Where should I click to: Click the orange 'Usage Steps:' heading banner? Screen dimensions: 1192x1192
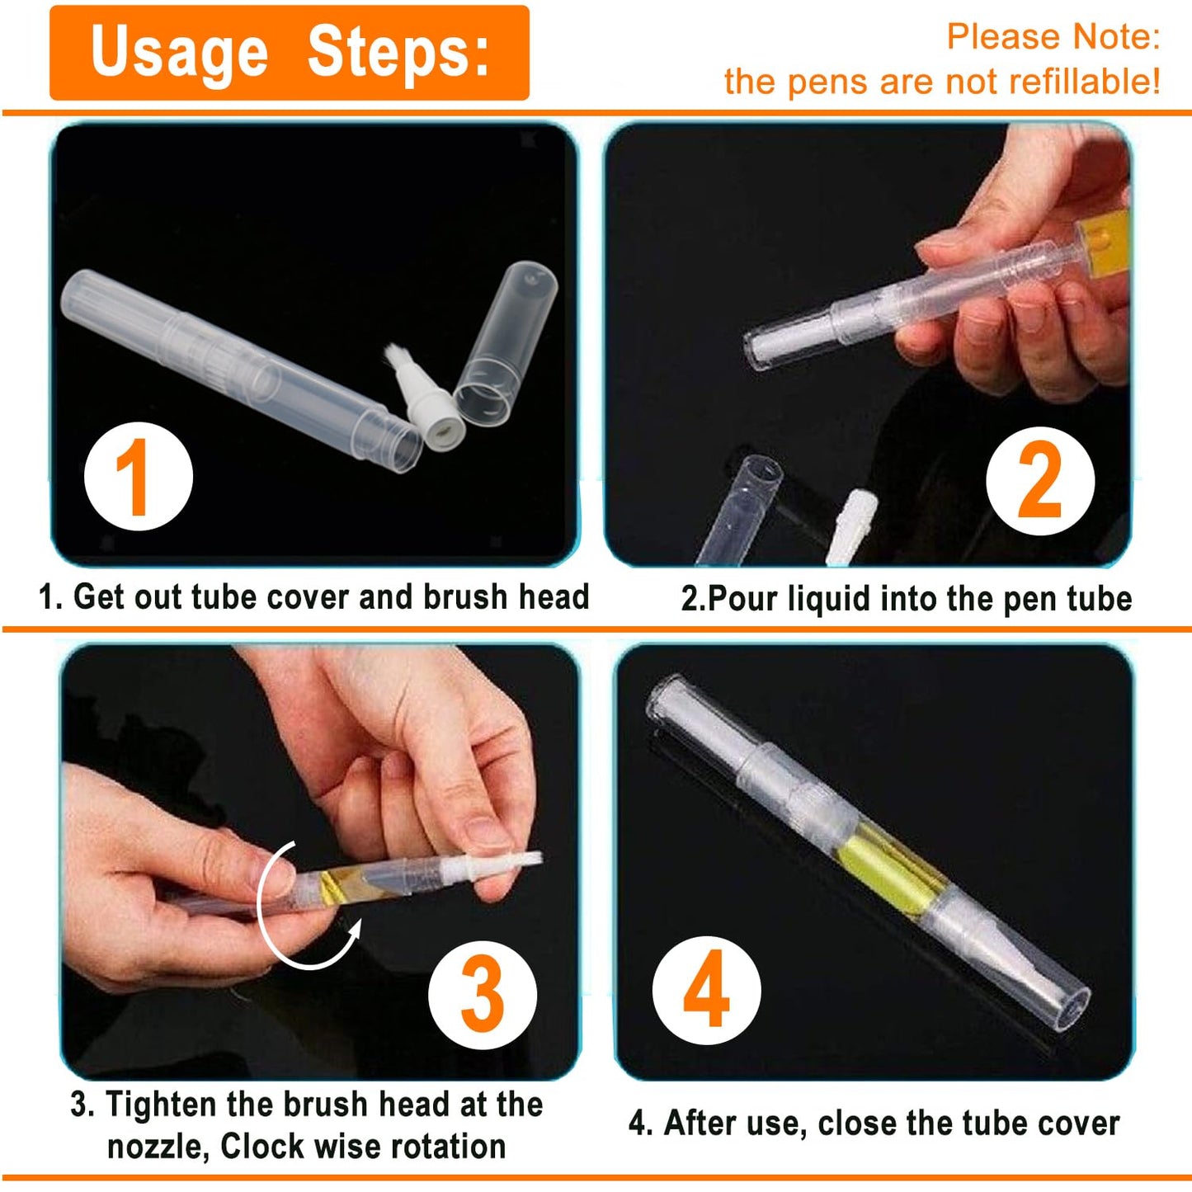[x=289, y=53]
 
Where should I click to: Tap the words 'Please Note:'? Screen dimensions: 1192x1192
[x=1053, y=37]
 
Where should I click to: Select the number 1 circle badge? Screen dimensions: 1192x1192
[x=138, y=477]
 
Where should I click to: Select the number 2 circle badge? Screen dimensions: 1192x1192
[x=1040, y=480]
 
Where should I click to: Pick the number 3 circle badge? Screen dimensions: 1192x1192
[x=483, y=995]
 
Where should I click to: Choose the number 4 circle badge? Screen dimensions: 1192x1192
[x=706, y=990]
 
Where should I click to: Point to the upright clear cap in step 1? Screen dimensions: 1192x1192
[x=505, y=342]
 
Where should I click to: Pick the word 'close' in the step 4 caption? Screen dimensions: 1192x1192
[x=855, y=1123]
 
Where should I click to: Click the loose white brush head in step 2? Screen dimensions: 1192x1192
[x=850, y=524]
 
